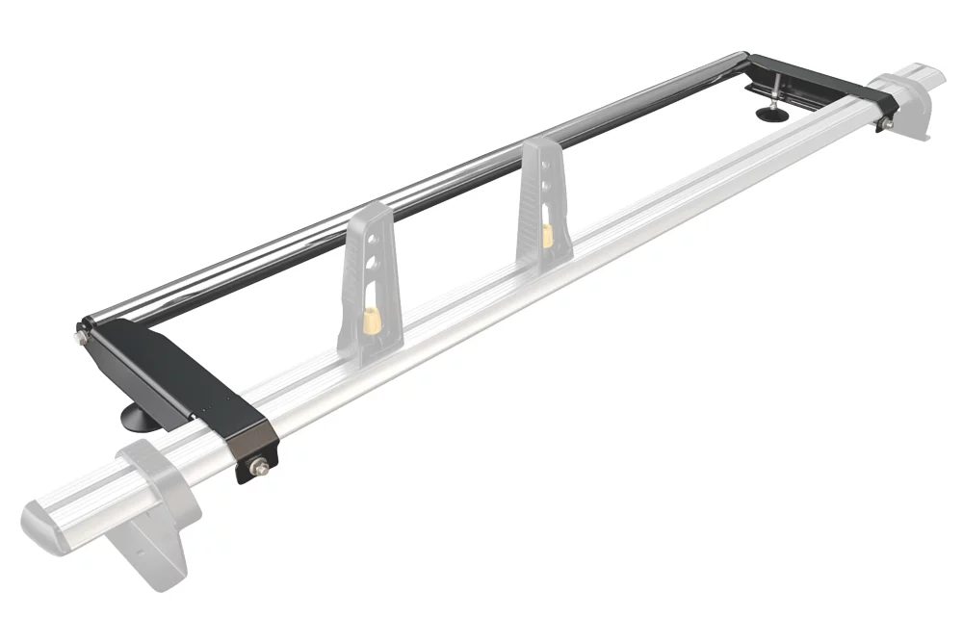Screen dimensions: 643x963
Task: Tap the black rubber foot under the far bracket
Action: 769,115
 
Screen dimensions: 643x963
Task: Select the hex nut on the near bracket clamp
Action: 258,468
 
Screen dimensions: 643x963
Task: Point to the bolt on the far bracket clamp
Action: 885,123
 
